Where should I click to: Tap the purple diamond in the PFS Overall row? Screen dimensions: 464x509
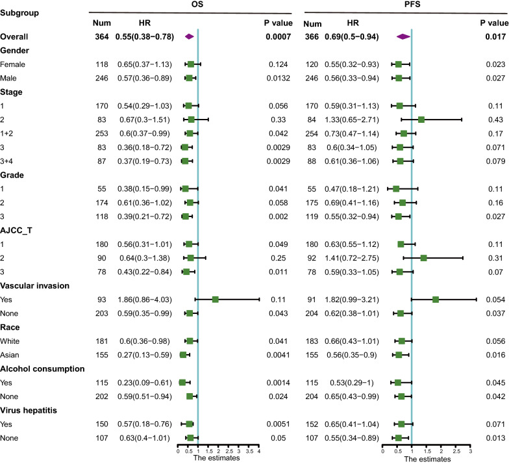[x=403, y=38]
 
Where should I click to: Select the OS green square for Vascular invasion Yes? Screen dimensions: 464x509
[x=215, y=300]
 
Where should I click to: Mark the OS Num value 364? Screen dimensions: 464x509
[x=101, y=38]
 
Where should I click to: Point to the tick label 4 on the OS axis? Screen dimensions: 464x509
[x=259, y=450]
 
